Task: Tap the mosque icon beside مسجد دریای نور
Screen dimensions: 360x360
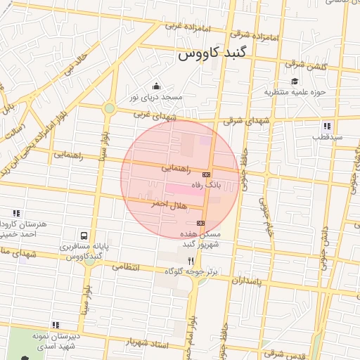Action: coord(156,86)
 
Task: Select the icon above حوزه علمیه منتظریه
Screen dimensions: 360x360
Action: coord(295,82)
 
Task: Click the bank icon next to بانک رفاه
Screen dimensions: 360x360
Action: coord(207,174)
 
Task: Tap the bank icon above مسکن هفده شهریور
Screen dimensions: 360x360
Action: coord(201,223)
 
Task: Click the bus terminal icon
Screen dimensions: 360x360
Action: coord(84,236)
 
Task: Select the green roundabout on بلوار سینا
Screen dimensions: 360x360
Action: coord(110,108)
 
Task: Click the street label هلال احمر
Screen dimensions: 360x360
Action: coord(149,204)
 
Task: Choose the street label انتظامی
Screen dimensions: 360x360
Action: coord(126,266)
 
